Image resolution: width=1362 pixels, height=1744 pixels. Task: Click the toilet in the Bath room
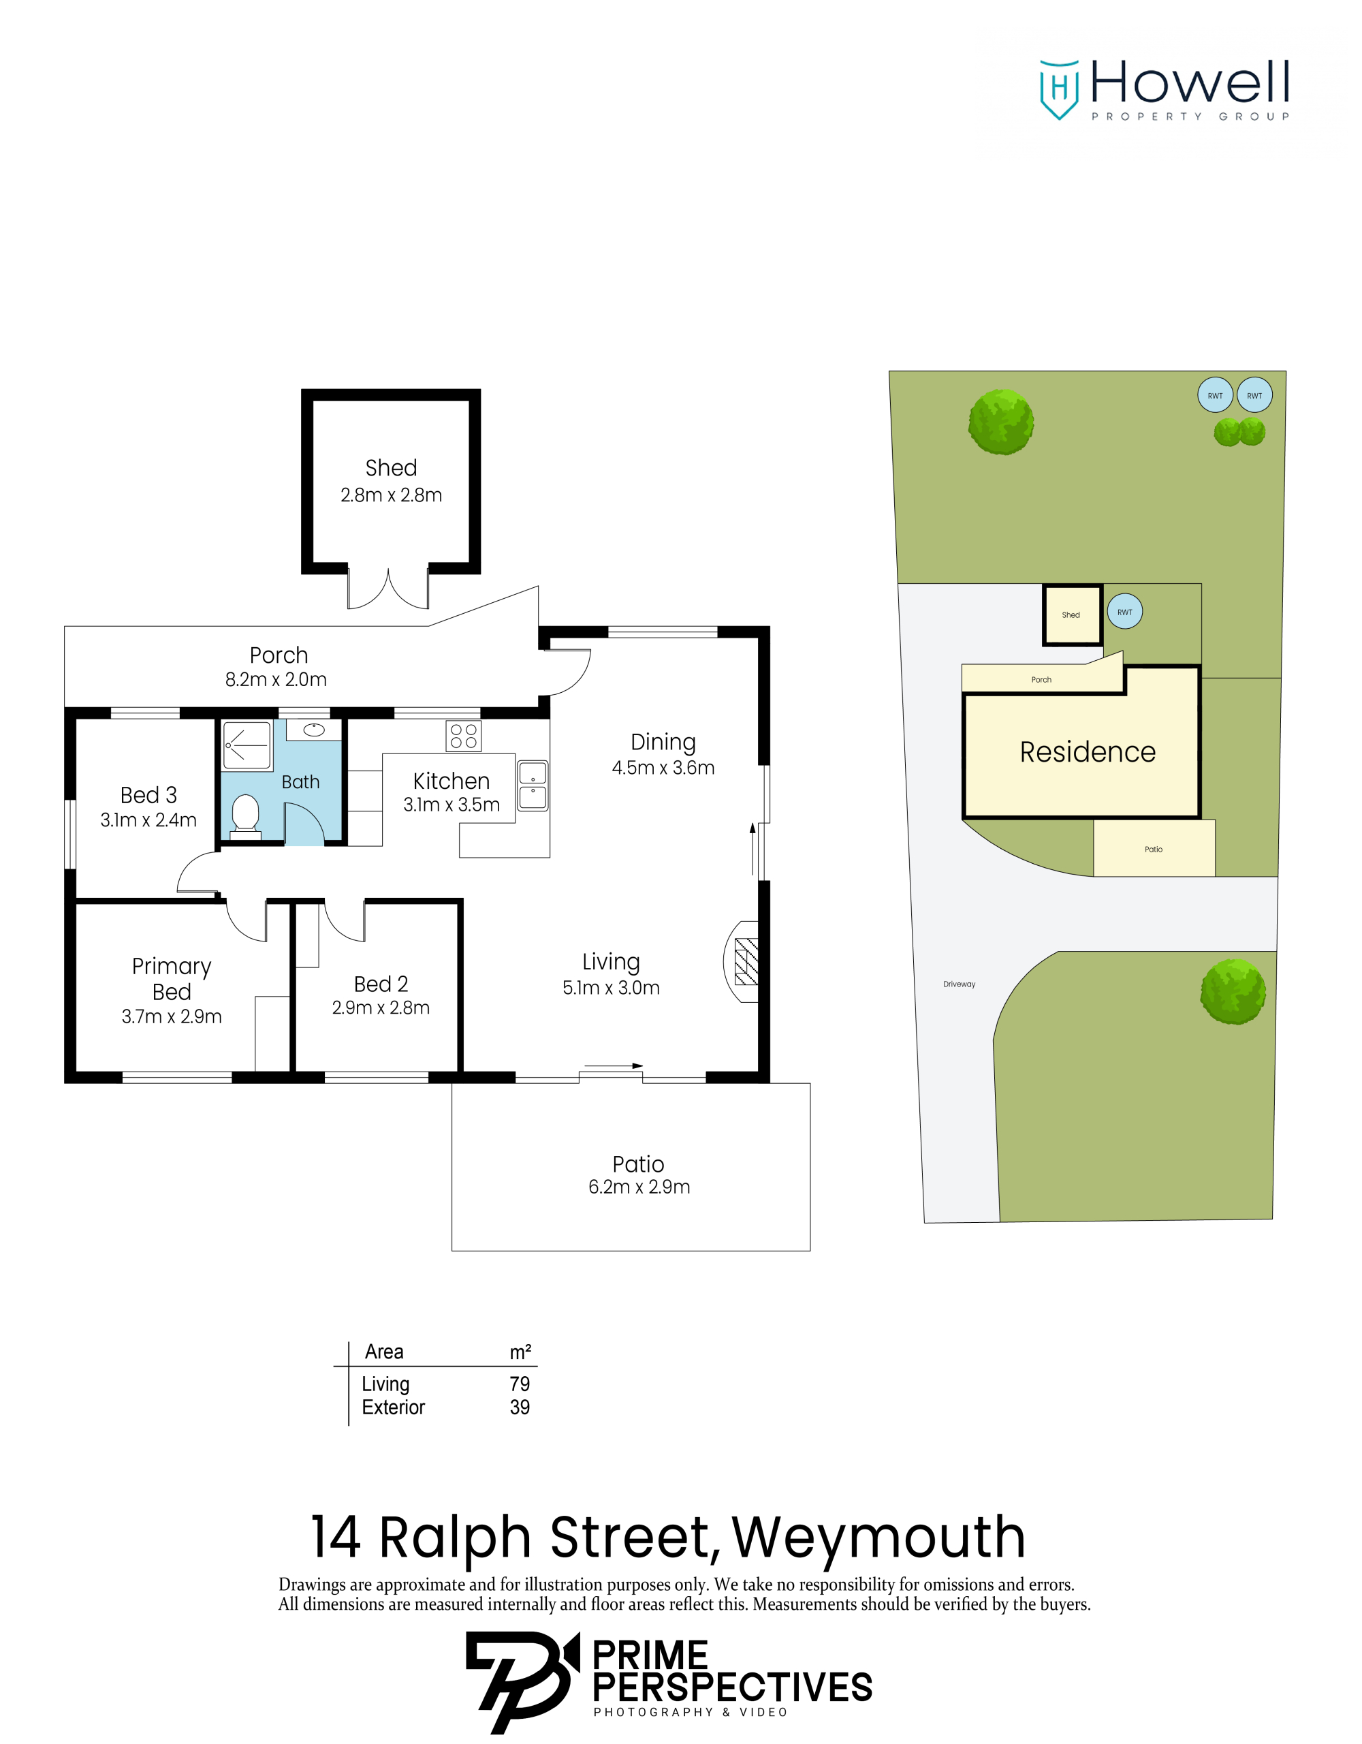245,815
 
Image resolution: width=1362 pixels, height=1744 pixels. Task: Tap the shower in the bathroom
247,745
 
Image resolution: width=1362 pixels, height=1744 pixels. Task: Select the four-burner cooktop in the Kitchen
463,736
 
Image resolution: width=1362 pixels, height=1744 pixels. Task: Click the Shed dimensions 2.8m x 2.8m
391,495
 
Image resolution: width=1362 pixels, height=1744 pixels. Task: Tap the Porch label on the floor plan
279,655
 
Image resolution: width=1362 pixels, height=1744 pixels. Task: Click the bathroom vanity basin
314,729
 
